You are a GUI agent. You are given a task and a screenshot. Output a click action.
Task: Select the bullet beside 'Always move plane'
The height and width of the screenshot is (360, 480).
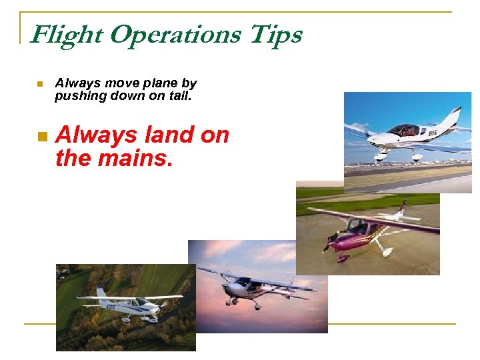(40, 84)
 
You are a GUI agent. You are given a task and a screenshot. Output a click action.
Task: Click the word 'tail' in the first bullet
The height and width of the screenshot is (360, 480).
(181, 96)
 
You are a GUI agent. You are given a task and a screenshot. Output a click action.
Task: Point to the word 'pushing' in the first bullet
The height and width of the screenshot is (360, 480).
(78, 96)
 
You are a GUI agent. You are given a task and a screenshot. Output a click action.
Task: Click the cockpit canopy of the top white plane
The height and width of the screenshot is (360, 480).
(403, 130)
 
